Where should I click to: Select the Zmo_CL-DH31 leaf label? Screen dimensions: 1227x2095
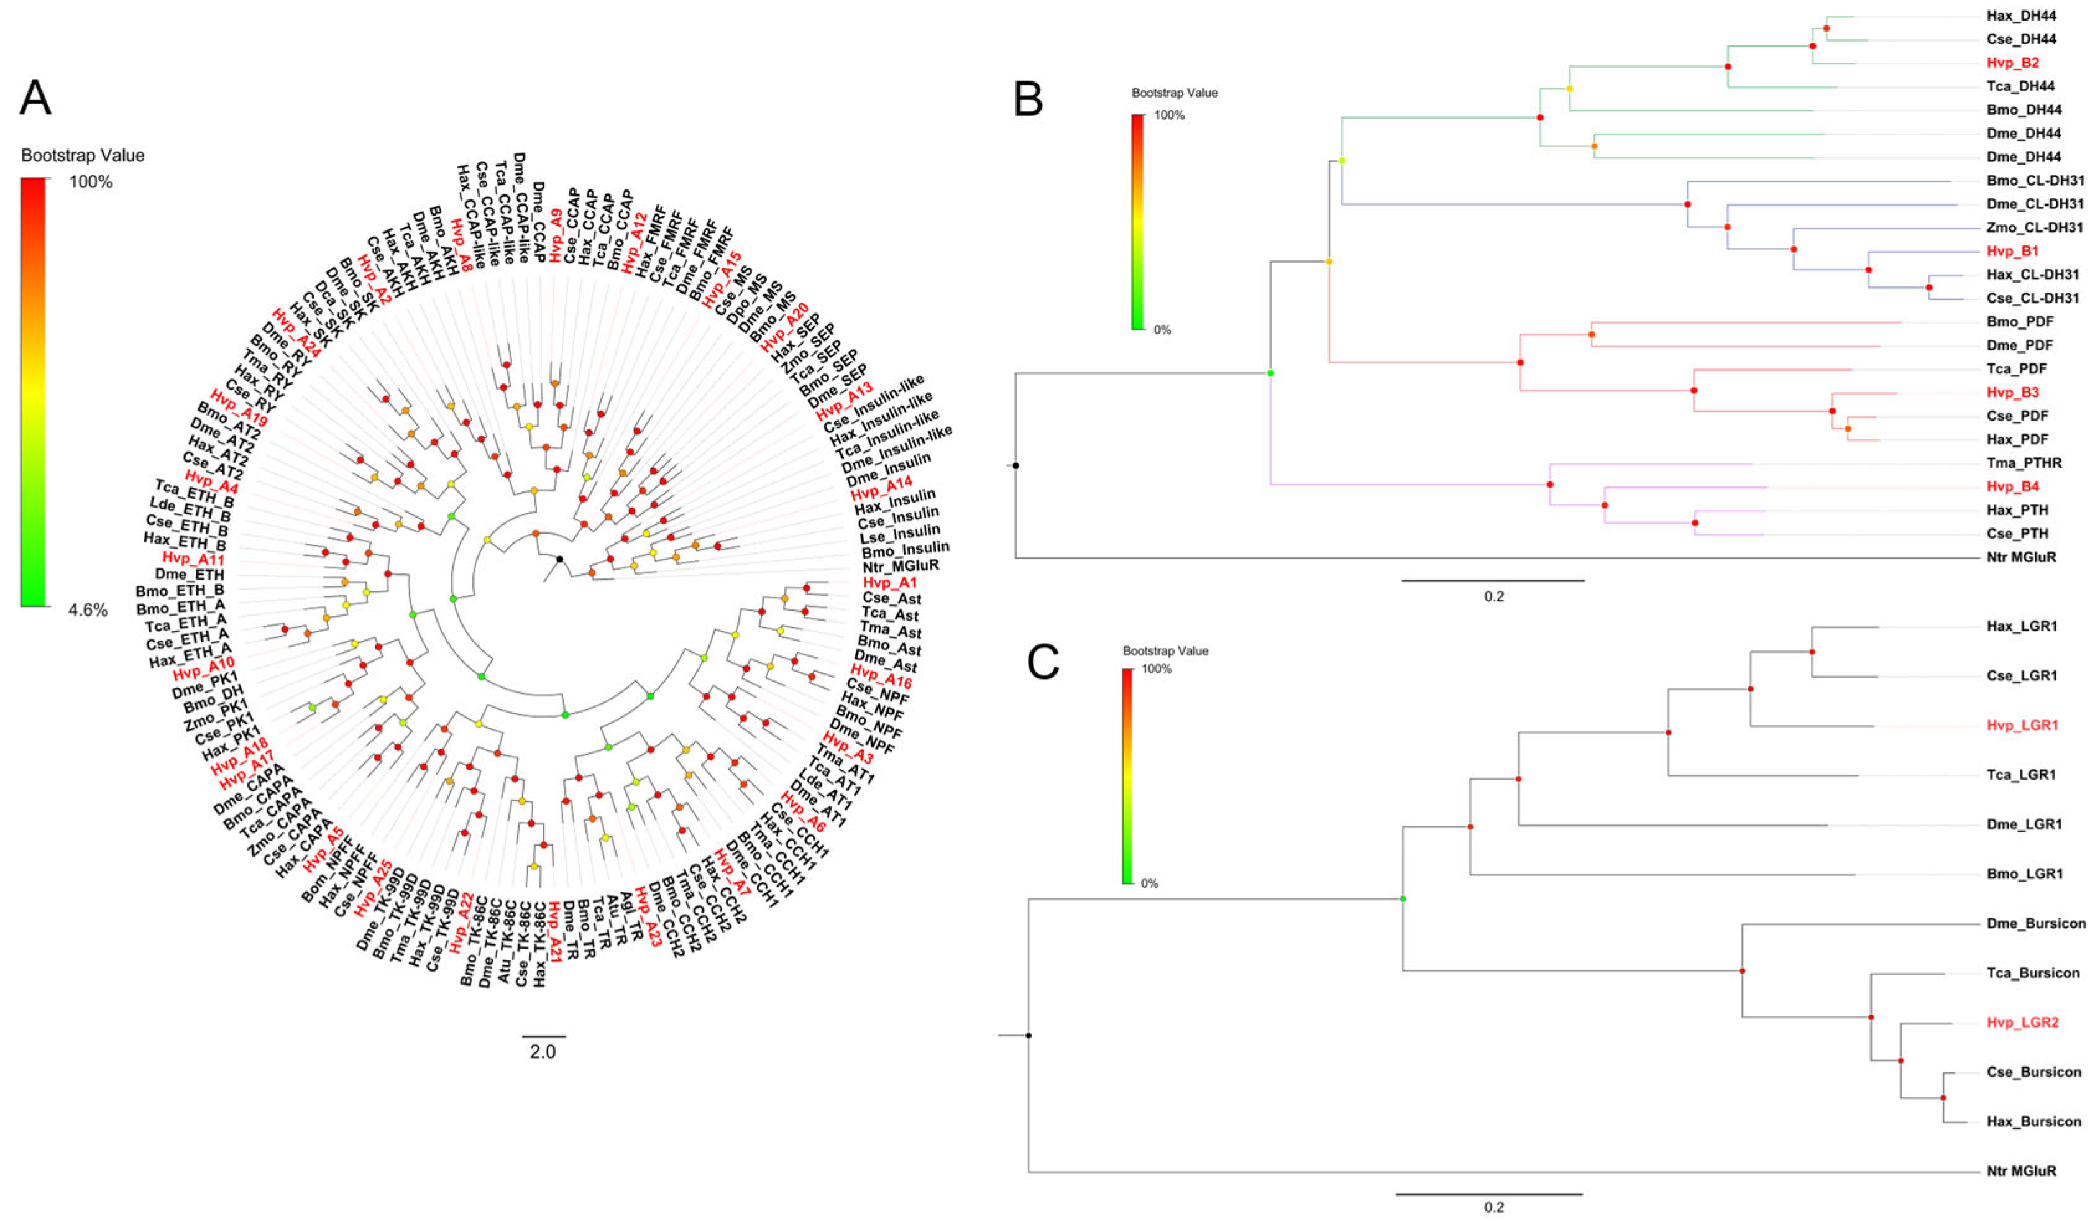coord(2033,227)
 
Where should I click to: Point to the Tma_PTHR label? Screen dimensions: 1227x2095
coord(2024,463)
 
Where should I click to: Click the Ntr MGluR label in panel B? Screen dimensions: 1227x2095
coord(2021,557)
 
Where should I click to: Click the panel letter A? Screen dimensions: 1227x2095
coord(36,98)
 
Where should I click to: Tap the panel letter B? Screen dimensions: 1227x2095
coord(1029,100)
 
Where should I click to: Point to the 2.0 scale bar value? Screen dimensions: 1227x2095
coord(543,1052)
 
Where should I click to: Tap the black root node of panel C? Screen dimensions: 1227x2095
coord(1029,1035)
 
